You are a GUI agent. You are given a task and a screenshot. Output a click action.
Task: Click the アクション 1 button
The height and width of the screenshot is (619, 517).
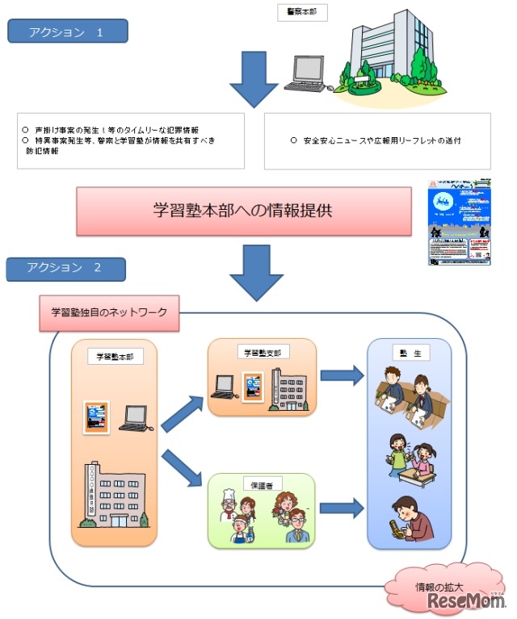(66, 31)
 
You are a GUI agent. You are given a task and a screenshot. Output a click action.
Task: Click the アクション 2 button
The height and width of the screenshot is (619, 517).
(65, 268)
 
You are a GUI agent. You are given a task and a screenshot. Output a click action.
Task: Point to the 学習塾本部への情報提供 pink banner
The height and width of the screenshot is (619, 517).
(251, 211)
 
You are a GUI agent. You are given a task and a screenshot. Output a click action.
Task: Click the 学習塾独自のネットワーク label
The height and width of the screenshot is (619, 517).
(109, 312)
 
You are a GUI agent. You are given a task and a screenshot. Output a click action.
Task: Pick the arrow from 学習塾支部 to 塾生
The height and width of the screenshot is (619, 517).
(342, 374)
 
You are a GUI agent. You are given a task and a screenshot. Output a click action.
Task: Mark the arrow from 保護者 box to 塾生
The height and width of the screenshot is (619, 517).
(342, 508)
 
